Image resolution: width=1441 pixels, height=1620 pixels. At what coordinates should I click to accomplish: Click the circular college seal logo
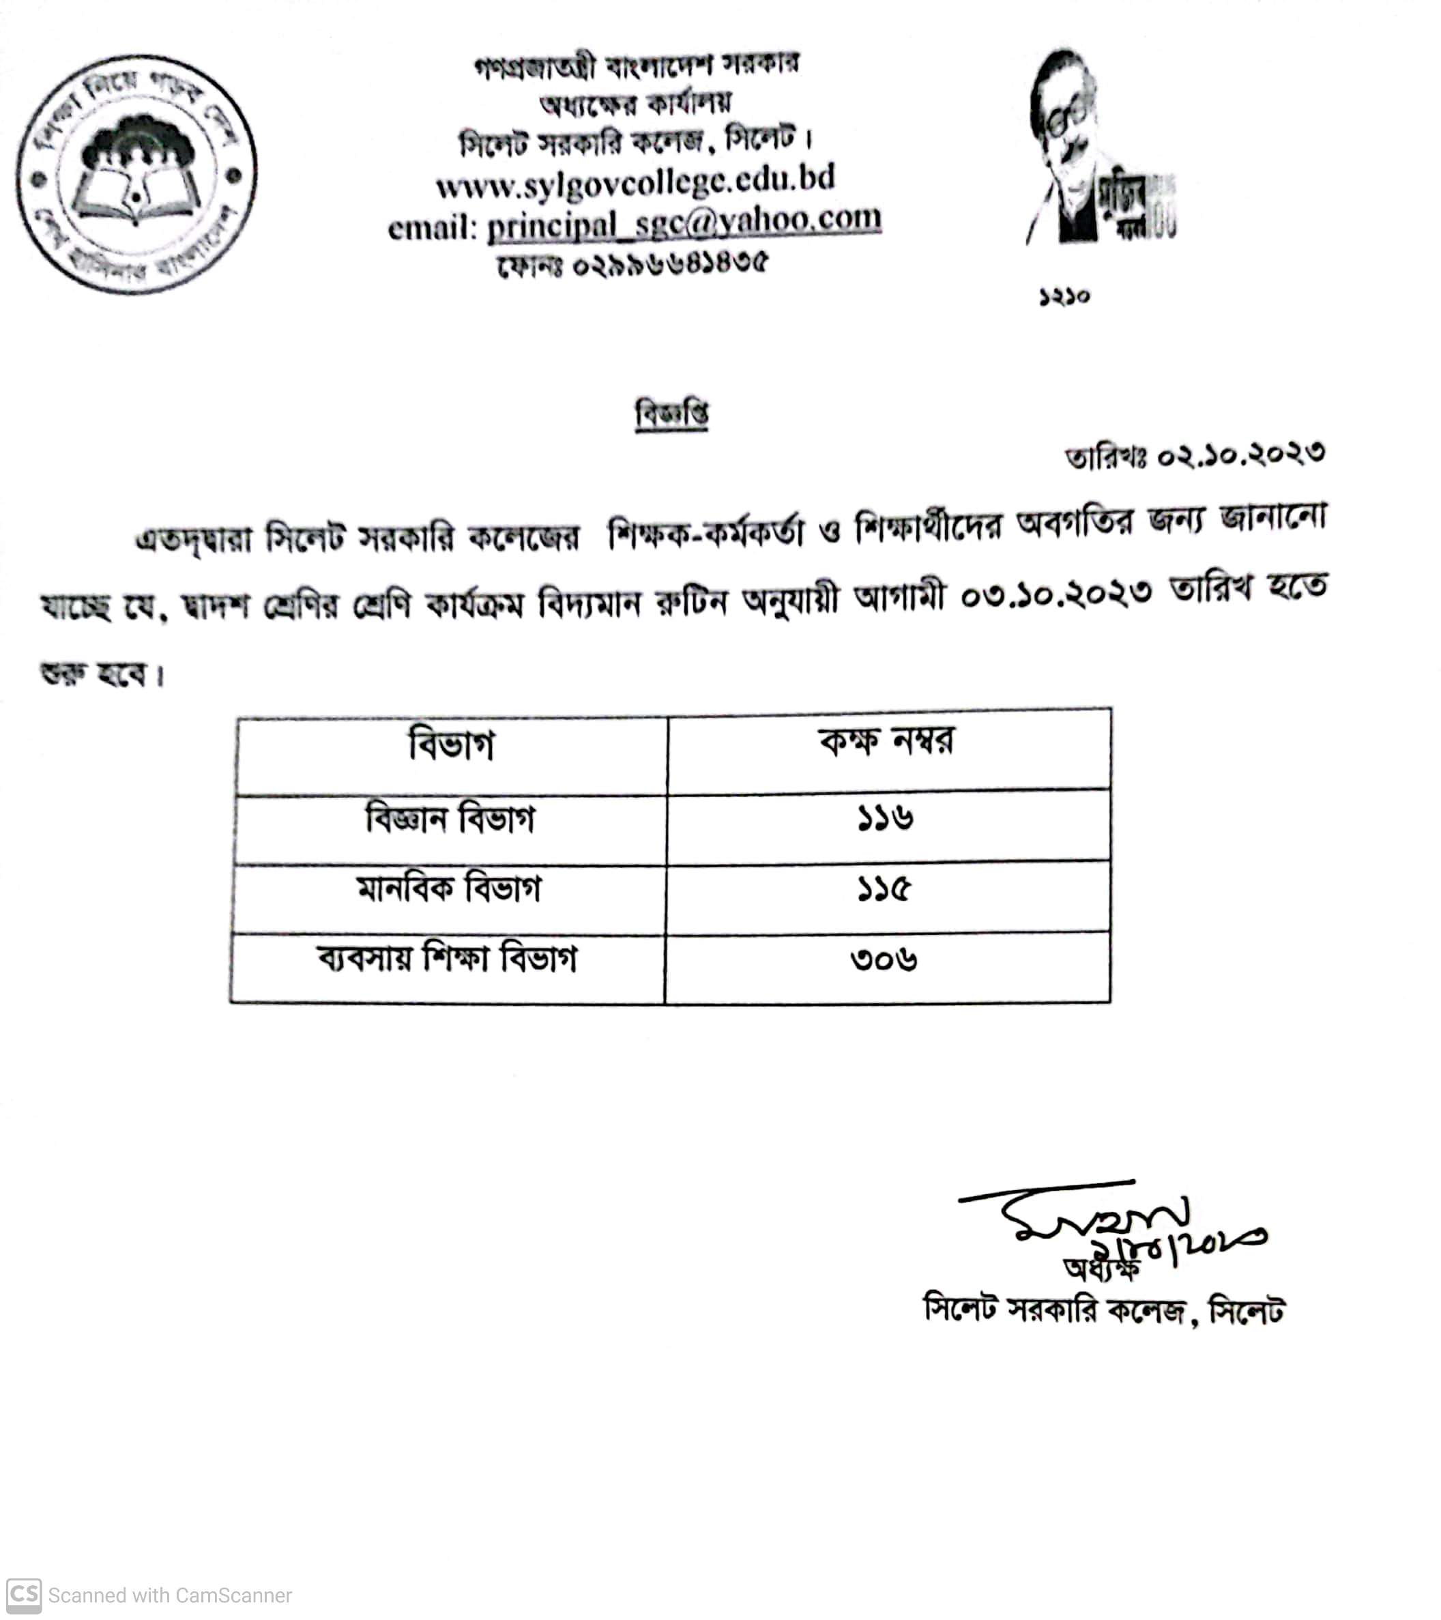[136, 175]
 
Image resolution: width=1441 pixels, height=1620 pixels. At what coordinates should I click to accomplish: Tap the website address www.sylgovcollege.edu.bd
[635, 182]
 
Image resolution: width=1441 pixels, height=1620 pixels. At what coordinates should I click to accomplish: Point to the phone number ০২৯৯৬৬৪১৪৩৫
[670, 263]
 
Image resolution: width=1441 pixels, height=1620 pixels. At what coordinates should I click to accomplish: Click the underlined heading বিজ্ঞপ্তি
[671, 414]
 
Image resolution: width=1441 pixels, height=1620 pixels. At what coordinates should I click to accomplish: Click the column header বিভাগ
[451, 745]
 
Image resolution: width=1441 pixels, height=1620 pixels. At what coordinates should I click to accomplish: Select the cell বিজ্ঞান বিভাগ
[450, 819]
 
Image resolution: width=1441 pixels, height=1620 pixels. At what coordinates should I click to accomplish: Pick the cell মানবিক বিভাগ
[449, 888]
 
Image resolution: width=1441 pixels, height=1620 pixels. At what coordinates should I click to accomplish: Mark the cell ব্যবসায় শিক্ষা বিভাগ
[447, 959]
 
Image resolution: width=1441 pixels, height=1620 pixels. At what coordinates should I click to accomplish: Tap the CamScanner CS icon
[23, 1595]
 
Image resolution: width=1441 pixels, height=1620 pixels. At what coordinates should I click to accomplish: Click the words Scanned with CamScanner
[170, 1595]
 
